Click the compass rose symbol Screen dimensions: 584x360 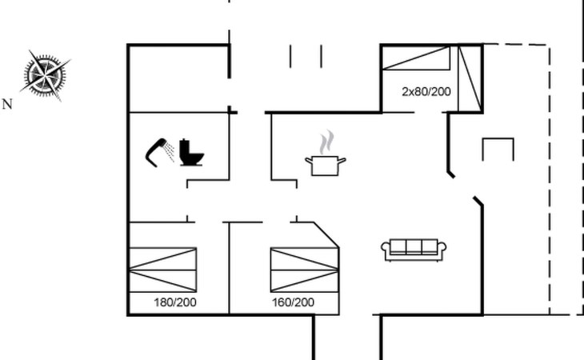[45, 75]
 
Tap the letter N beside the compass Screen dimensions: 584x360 [7, 104]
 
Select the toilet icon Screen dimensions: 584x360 [191, 153]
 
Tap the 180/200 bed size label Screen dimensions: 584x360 [175, 302]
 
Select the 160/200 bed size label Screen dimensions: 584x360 [293, 302]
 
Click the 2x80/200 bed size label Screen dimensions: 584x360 [426, 91]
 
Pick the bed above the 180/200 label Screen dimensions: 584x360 [162, 270]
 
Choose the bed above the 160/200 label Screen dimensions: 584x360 [305, 270]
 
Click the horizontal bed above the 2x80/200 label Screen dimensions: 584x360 [416, 58]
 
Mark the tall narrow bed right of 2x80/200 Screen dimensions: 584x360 [470, 78]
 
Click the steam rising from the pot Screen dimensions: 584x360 [326, 142]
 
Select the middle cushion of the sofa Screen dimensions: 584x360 [414, 246]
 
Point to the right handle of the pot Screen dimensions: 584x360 [342, 161]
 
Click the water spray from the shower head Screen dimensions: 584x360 [170, 152]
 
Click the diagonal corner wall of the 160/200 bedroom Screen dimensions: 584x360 [326, 234]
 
